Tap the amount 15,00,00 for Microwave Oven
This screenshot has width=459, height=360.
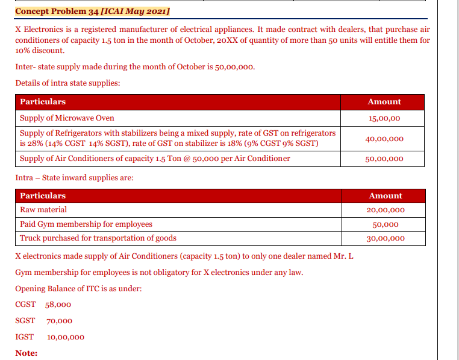[x=384, y=118]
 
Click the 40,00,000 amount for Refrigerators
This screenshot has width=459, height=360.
[x=384, y=139]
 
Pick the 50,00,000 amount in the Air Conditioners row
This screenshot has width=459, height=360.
[x=384, y=159]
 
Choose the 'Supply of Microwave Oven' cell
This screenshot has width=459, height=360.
[x=67, y=118]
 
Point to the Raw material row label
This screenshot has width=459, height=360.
[x=43, y=210]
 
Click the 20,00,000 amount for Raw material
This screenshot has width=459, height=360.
[x=386, y=210]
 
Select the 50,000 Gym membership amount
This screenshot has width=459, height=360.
[x=386, y=224]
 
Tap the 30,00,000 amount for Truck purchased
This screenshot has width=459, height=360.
[x=386, y=239]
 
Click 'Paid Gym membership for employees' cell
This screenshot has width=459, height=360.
[x=86, y=224]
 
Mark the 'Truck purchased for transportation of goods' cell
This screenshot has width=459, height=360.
[x=98, y=239]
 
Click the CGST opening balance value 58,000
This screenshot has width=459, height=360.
[x=58, y=305]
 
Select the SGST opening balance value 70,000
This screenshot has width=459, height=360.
[x=58, y=321]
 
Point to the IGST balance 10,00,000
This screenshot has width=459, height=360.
[x=66, y=337]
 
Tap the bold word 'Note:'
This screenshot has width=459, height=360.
[x=27, y=353]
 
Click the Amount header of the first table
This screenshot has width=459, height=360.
[x=384, y=102]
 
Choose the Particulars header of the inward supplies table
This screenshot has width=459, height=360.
[x=43, y=196]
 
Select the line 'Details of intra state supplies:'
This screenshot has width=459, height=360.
[x=67, y=83]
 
